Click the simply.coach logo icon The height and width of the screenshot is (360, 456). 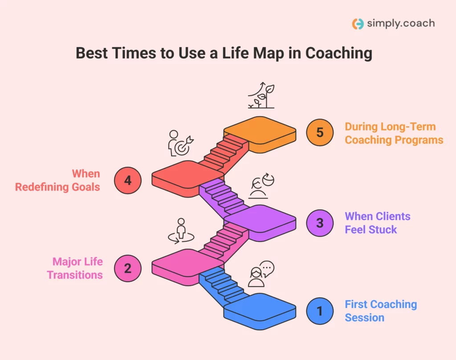coord(358,24)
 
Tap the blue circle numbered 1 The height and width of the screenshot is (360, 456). coord(320,311)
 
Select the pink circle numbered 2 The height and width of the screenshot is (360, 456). coord(128,268)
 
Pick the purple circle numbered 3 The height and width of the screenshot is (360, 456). coord(320,222)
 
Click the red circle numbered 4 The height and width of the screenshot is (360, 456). coord(128,180)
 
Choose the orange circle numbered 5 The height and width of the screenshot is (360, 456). coord(320,133)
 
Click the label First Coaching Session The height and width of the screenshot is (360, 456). coord(381,311)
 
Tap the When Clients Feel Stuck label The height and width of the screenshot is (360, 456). coord(377,222)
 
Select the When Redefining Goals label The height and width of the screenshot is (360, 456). coord(58,180)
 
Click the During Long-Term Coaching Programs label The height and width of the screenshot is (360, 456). coord(394,133)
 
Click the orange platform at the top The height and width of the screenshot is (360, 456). coord(260,132)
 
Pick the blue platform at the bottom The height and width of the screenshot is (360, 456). coord(260,308)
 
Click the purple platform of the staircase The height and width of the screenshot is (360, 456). coord(260,220)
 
